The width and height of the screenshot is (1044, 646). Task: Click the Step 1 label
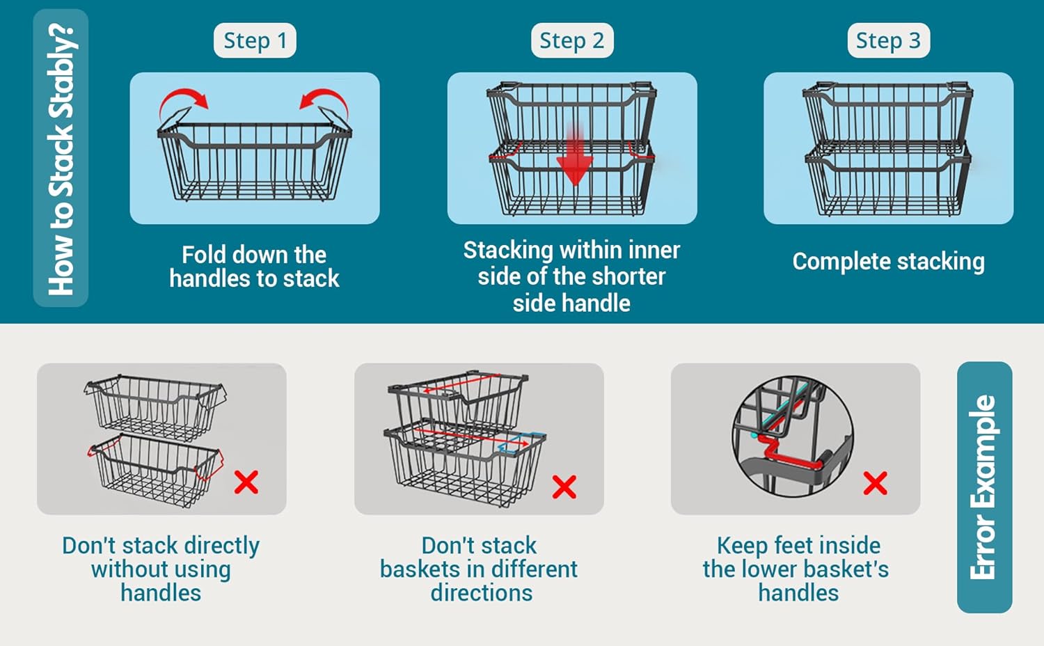click(x=255, y=40)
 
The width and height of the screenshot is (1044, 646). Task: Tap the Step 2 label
click(x=572, y=40)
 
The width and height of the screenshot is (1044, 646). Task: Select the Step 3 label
click(x=888, y=40)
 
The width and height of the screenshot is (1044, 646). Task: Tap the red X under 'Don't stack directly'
click(x=246, y=482)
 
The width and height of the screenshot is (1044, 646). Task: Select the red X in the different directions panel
click(x=564, y=487)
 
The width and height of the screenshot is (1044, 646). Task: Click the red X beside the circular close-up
click(x=876, y=483)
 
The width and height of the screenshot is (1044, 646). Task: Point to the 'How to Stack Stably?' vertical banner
click(x=61, y=158)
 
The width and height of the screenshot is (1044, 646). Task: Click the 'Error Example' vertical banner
click(x=984, y=487)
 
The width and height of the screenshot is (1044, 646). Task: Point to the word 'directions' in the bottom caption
click(x=482, y=593)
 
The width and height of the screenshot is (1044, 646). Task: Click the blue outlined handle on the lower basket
click(x=522, y=443)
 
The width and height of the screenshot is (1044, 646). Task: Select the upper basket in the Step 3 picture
click(x=888, y=116)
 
